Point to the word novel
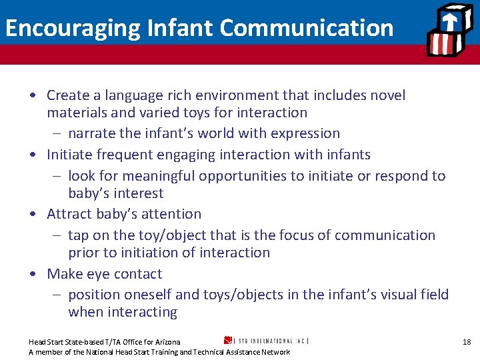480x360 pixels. (386, 95)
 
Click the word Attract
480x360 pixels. (69, 214)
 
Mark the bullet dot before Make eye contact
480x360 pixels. (33, 274)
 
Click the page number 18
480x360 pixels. (467, 342)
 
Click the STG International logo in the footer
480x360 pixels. (266, 340)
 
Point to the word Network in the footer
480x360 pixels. (275, 352)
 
